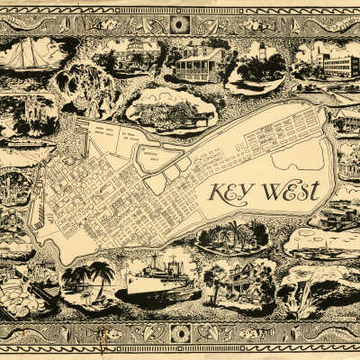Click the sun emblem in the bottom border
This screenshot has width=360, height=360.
[181, 334]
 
